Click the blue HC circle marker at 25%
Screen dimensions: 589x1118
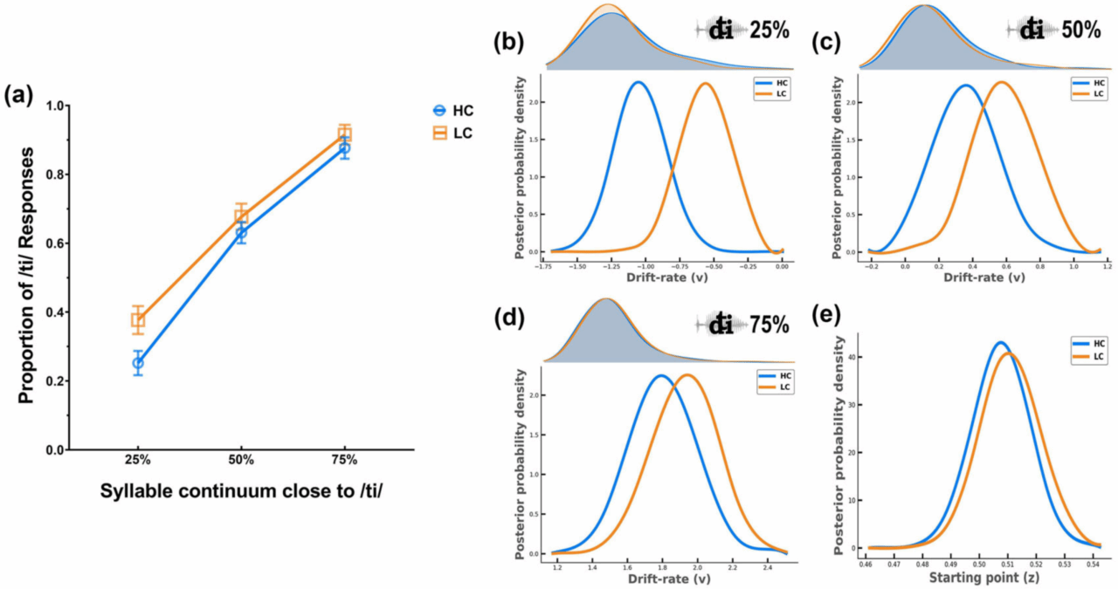click(x=138, y=363)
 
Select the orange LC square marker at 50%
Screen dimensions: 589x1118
click(x=242, y=216)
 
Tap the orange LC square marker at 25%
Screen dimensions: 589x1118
click(x=138, y=320)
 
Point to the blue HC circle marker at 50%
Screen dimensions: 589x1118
click(x=242, y=233)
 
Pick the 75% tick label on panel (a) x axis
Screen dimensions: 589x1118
click(x=344, y=459)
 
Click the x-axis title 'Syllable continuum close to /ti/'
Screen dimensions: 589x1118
click(x=241, y=491)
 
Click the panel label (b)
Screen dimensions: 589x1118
click(x=510, y=41)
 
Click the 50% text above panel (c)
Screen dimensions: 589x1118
click(x=1081, y=29)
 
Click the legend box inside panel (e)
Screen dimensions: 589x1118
click(x=1088, y=352)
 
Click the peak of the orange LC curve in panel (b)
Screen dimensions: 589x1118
click(x=704, y=83)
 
